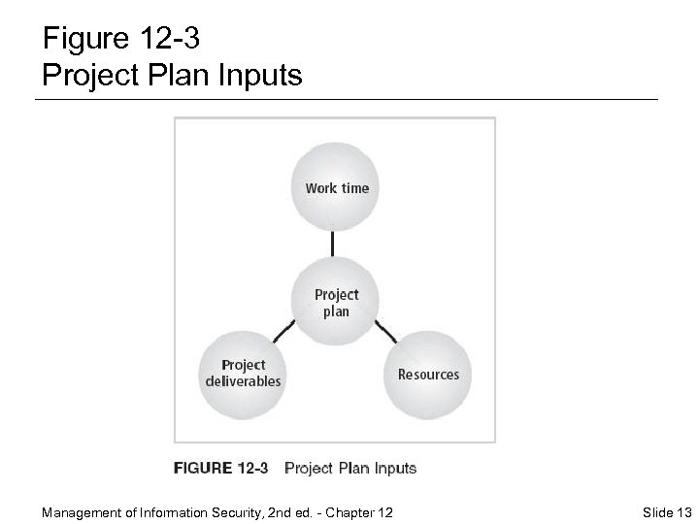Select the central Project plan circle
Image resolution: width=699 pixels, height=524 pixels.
coord(336,303)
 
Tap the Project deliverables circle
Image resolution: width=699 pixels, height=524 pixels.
coord(243,373)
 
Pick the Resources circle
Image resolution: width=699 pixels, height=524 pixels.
coord(428,373)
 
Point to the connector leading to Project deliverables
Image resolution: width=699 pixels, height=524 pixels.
coord(284,333)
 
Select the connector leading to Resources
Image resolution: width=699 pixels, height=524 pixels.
coord(384,333)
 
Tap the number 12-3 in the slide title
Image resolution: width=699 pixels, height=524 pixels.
coord(175,39)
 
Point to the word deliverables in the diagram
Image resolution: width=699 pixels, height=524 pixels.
coord(243,381)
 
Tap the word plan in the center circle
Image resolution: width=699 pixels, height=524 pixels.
coord(336,311)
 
